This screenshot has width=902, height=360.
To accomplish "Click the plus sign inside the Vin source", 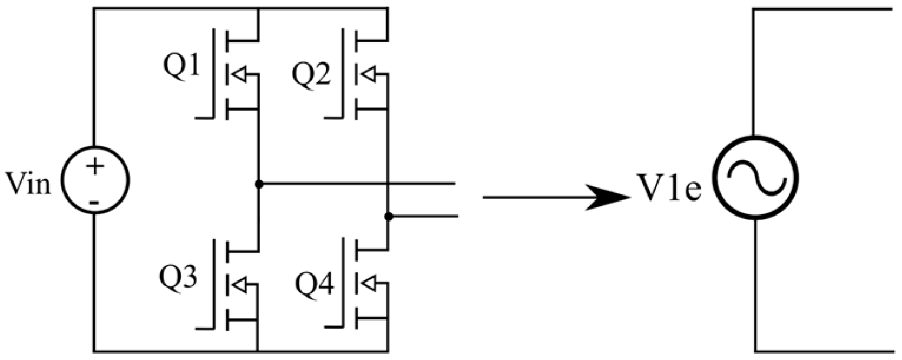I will (94, 167).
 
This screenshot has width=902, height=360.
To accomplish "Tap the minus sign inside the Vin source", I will (94, 203).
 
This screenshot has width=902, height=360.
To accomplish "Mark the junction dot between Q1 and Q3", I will (258, 184).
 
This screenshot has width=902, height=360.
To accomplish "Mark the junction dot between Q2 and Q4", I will (388, 217).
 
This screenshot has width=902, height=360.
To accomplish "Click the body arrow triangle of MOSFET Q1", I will (239, 75).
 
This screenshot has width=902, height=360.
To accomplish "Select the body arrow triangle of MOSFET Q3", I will (239, 285).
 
